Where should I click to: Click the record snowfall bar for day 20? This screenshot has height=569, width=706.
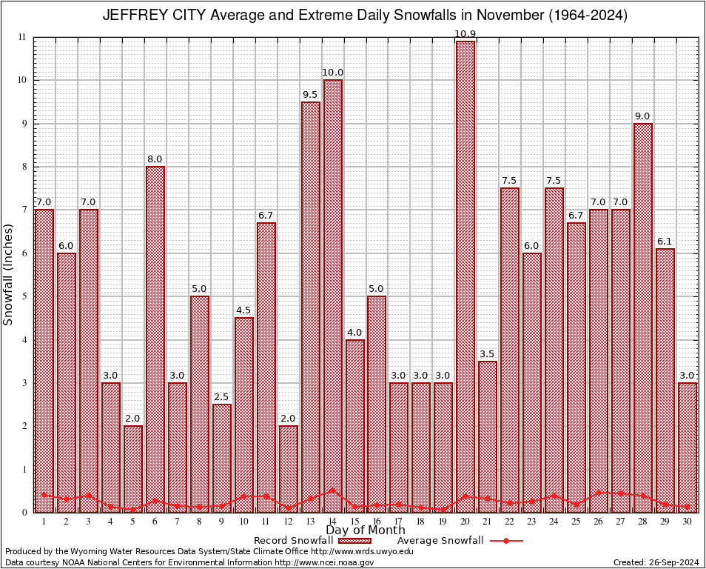(x=465, y=274)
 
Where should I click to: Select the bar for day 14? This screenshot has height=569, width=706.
(x=333, y=296)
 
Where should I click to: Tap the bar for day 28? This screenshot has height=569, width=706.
(x=643, y=319)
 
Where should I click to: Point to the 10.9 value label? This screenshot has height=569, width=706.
(x=465, y=34)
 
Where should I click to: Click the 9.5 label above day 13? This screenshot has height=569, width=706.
(x=311, y=95)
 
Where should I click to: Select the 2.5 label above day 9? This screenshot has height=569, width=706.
(x=222, y=397)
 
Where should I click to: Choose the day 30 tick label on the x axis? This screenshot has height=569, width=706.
(x=687, y=522)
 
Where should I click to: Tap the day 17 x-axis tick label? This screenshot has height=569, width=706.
(x=399, y=522)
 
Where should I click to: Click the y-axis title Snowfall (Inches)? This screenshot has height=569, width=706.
(x=8, y=274)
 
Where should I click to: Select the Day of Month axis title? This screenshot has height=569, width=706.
(x=365, y=530)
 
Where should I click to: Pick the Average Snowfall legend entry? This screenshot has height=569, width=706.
(x=440, y=541)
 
